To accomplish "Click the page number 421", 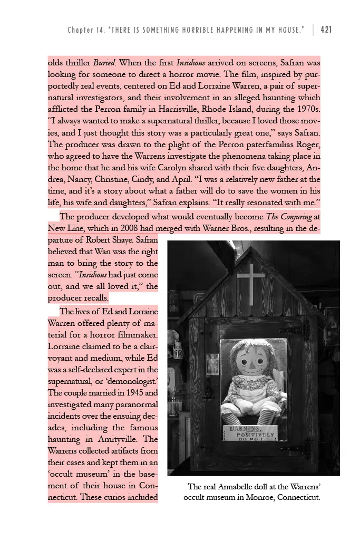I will pos(326,30).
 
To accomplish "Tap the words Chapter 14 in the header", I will pos(84,30).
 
